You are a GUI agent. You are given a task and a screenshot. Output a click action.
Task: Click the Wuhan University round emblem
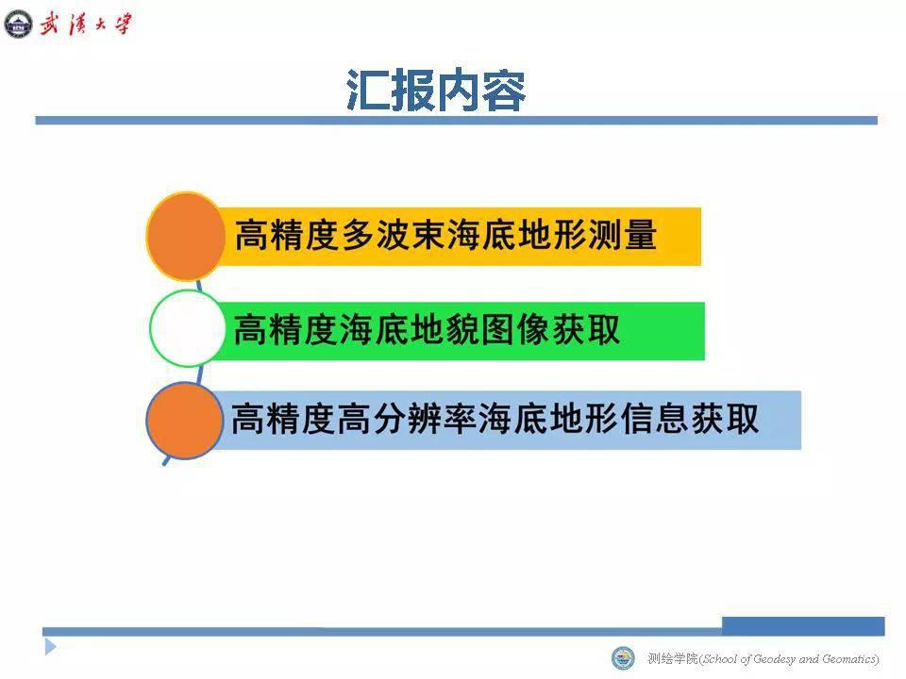[19, 25]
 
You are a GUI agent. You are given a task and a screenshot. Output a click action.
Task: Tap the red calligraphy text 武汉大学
[86, 25]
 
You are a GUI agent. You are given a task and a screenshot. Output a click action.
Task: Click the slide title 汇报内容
[436, 91]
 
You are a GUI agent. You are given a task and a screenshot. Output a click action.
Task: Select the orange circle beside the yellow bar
[186, 237]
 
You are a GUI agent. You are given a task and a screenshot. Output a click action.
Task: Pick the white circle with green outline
[187, 328]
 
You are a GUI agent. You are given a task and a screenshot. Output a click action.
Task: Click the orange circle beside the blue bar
[185, 421]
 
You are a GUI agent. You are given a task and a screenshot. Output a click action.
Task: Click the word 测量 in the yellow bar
[622, 235]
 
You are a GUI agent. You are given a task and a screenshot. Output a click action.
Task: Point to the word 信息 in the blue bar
[655, 419]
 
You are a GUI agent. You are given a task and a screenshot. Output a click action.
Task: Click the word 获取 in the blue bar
[725, 419]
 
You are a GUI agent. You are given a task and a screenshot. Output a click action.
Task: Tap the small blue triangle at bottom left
[51, 647]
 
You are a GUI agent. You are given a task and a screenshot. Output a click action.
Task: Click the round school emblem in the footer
[623, 658]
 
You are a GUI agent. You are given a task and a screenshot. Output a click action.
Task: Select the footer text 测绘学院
[673, 659]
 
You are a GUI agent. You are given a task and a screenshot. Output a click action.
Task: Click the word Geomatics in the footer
[848, 659]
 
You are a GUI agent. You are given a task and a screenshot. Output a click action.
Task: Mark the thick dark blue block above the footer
[803, 626]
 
